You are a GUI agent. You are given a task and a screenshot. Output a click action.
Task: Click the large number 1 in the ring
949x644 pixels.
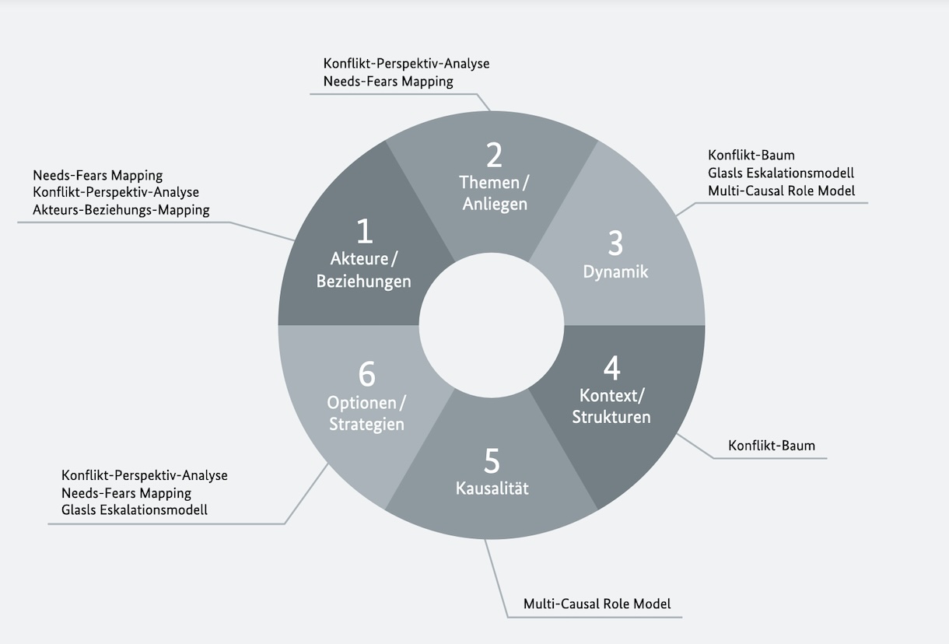point(364,232)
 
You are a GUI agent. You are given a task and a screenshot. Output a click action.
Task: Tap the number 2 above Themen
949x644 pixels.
point(494,156)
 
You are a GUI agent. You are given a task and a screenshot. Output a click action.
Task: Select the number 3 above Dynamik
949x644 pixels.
point(615,243)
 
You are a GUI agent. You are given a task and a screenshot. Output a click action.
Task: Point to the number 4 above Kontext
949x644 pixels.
point(611,368)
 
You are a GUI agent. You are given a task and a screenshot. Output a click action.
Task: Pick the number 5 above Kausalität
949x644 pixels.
point(492,461)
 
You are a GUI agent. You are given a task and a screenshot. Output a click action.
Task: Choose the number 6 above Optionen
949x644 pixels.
point(366,375)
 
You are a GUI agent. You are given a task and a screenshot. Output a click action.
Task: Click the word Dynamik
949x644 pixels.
point(615,272)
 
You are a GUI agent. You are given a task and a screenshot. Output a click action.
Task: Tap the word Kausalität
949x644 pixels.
point(492,488)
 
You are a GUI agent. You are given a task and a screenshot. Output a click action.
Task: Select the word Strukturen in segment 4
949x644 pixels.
point(611,417)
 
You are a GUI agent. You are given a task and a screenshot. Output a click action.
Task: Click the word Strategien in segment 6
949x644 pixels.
point(366,425)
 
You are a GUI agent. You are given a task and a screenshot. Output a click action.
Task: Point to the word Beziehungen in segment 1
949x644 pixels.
point(363,281)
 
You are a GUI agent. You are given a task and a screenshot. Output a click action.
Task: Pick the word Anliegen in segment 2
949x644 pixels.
point(495,204)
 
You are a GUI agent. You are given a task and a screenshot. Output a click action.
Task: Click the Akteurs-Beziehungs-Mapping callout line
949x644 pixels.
point(121,210)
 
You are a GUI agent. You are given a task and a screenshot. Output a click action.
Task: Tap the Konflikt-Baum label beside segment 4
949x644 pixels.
point(772,446)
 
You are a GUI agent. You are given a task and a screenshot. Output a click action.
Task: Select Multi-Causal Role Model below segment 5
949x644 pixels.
point(597,604)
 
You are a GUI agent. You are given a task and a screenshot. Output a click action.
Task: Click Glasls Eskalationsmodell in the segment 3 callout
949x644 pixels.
point(781,173)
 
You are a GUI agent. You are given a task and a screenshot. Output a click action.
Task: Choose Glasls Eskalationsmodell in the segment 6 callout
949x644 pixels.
point(135,510)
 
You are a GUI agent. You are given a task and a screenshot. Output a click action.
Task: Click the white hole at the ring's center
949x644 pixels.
point(492,325)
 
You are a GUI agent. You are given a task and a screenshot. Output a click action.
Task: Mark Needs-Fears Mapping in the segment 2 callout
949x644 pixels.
point(388,81)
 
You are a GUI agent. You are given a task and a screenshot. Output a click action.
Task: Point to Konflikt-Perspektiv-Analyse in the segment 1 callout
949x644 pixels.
point(116,192)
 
